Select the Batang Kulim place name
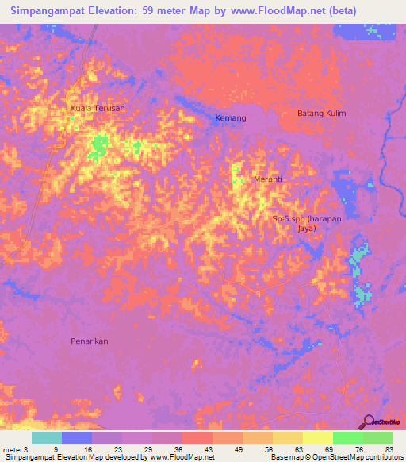[x=322, y=114]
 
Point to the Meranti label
[x=268, y=179]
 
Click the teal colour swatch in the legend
[x=47, y=437]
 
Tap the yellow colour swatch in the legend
[x=316, y=437]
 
